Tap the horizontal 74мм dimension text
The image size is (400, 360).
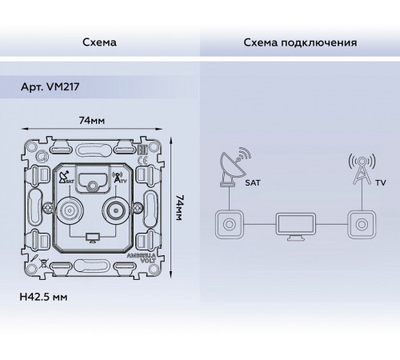point(94,120)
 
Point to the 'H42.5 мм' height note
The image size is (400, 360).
point(45,295)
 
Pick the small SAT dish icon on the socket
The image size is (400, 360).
point(64,178)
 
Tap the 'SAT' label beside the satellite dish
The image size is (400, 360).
point(254,183)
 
